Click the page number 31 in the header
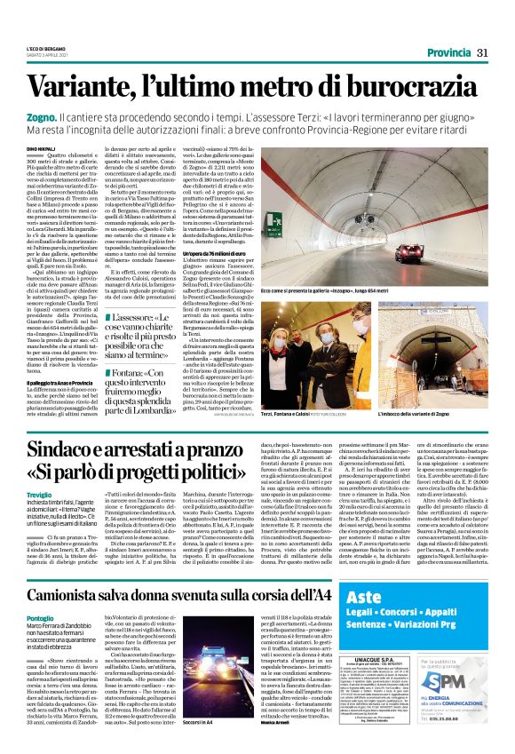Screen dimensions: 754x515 (x=482, y=53)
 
